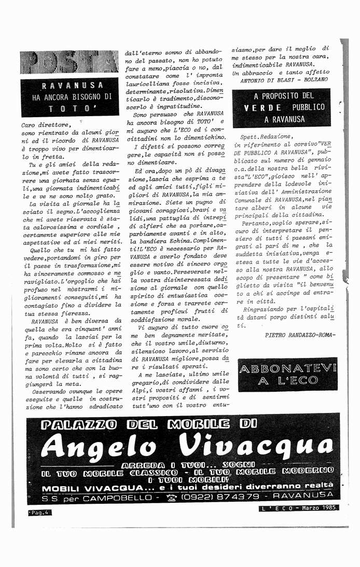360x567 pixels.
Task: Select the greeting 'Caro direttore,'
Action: tap(46, 125)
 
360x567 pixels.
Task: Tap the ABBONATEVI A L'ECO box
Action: tap(287, 374)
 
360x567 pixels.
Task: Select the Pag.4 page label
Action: tap(40, 513)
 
